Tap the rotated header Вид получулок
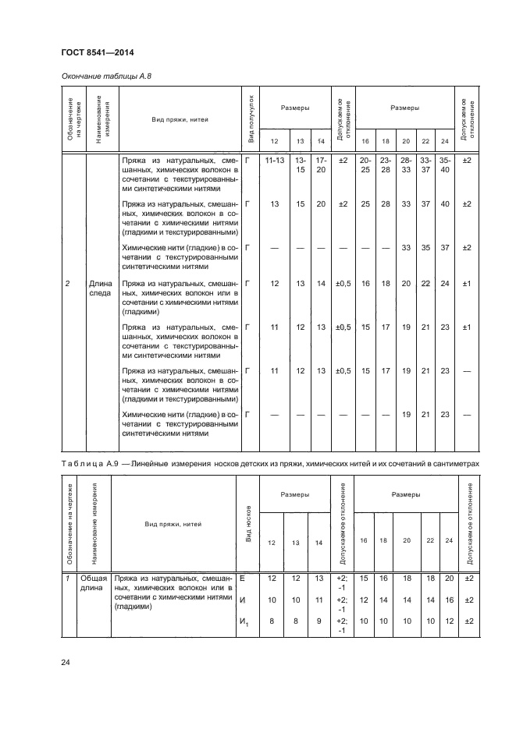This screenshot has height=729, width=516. coord(251,121)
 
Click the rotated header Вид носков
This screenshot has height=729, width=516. coord(247,529)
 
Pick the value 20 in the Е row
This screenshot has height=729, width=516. coord(447,579)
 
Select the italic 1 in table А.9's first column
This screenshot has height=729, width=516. coord(67,579)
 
